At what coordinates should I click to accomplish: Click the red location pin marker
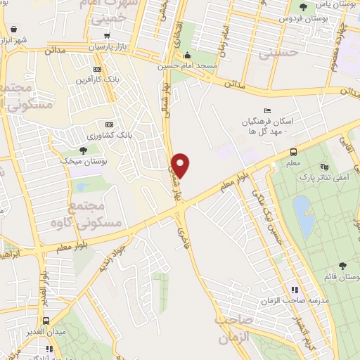181,165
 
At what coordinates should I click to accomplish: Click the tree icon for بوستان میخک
84,150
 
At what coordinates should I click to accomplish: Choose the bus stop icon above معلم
293,152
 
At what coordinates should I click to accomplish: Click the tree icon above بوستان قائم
342,265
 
